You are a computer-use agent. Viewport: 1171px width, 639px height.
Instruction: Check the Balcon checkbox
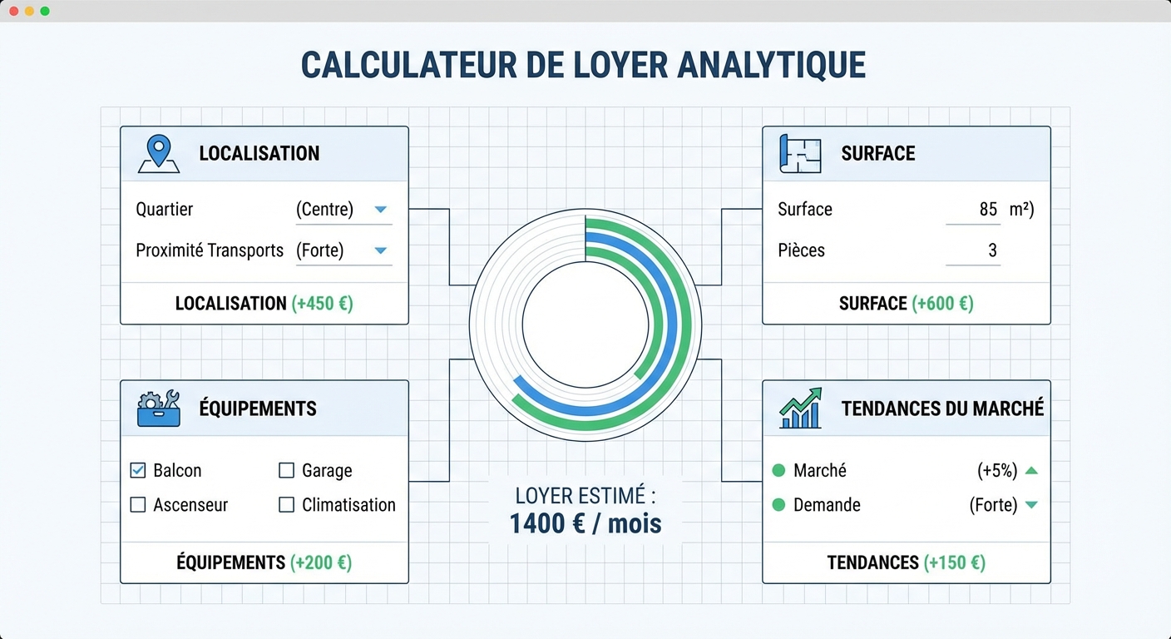138,470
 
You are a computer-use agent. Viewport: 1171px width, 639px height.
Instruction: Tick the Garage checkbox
286,470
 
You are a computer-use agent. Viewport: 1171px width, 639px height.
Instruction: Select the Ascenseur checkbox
138,504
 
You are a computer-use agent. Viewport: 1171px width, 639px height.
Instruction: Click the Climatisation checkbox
286,504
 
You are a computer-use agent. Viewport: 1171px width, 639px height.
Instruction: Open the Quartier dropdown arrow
381,209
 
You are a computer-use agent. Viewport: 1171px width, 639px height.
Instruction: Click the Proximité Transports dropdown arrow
381,250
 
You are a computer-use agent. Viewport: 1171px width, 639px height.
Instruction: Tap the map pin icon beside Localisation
159,154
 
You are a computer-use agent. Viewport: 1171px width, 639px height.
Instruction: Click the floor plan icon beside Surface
800,154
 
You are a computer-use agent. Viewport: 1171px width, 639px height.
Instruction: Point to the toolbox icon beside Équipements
159,409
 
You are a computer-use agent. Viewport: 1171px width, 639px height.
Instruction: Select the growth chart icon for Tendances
800,408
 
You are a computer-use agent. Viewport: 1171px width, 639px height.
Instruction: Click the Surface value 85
988,209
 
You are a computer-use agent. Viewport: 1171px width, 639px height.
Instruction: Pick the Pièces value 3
993,250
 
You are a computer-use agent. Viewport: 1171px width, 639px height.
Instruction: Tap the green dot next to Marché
778,470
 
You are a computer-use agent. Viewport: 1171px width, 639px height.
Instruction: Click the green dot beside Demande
778,504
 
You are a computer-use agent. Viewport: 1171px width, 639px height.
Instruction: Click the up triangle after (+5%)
1031,470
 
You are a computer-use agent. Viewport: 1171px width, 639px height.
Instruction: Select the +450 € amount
323,304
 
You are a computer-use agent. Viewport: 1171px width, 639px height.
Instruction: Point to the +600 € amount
943,304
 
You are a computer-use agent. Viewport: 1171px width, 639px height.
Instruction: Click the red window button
14,11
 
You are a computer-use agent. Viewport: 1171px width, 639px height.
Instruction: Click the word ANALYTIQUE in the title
772,66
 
